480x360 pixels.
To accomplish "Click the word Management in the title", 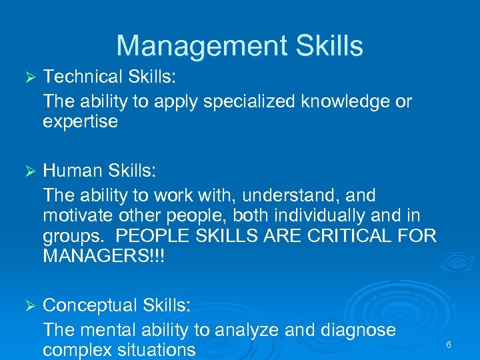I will point(185,46).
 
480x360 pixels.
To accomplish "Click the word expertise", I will point(80,122).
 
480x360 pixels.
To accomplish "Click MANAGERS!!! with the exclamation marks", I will point(103,257).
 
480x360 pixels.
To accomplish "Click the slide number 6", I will point(449,345).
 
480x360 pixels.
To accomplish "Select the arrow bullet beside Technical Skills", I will point(28,78).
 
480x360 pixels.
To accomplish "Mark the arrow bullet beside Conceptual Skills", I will point(28,306).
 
